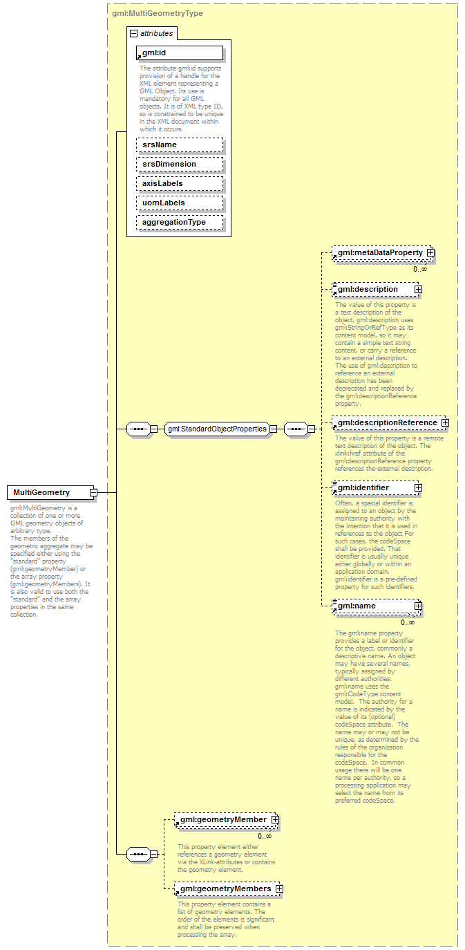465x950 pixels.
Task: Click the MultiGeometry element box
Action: (48, 492)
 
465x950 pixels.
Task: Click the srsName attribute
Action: (180, 145)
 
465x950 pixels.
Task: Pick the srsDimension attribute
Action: (180, 164)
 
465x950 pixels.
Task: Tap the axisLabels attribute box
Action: (180, 183)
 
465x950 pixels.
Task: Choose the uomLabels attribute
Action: (180, 203)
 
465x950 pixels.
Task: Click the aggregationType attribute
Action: (180, 222)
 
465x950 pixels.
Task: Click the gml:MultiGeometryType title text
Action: (158, 13)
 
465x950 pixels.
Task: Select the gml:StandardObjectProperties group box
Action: (216, 429)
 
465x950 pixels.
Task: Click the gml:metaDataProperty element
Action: (380, 254)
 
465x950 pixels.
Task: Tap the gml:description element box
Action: (373, 289)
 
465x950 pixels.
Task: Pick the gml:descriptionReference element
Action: (386, 422)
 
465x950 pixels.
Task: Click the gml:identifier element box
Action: (373, 487)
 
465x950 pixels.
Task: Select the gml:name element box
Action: (373, 606)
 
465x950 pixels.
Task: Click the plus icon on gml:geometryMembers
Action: (279, 888)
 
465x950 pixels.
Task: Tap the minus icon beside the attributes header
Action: (133, 32)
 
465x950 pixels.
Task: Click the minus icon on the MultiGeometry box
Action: (93, 492)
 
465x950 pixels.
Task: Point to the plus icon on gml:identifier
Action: (418, 487)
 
